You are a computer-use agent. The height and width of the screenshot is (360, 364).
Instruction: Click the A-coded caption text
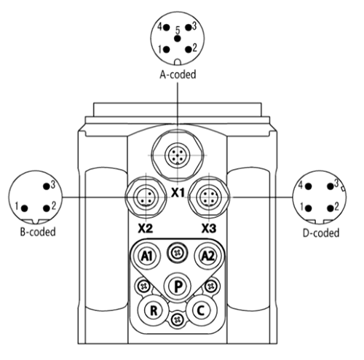[178, 74]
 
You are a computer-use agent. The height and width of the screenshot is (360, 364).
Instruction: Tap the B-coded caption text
[38, 232]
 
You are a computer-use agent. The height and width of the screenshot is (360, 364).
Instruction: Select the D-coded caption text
[321, 232]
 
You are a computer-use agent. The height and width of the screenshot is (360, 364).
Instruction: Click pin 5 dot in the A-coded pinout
[178, 39]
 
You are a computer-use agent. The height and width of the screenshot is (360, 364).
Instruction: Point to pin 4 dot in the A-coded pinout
[167, 28]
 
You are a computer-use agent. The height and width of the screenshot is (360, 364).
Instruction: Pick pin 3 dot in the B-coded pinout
[47, 187]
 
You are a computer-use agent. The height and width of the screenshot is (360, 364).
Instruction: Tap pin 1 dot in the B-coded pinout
[25, 208]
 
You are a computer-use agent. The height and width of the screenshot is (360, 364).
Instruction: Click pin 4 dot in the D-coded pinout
[309, 187]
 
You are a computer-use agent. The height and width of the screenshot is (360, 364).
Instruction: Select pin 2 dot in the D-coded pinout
[331, 208]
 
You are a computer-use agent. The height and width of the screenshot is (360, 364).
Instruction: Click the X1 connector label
[178, 193]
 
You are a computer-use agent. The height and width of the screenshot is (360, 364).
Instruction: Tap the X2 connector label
[146, 228]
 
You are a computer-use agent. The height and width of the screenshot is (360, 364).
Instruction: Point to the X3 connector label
[209, 228]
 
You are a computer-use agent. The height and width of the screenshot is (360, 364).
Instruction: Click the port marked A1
[147, 256]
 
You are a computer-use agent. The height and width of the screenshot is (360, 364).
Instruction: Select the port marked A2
[208, 256]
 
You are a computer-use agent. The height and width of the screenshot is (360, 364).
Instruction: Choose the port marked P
[178, 286]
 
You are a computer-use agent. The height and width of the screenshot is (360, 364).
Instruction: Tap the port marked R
[153, 310]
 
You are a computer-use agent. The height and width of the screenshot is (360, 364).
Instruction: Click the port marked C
[201, 310]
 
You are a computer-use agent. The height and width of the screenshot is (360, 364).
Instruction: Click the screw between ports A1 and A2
[178, 254]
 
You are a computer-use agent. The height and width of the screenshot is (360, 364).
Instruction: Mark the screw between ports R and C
[178, 320]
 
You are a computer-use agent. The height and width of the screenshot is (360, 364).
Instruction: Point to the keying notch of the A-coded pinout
[178, 62]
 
